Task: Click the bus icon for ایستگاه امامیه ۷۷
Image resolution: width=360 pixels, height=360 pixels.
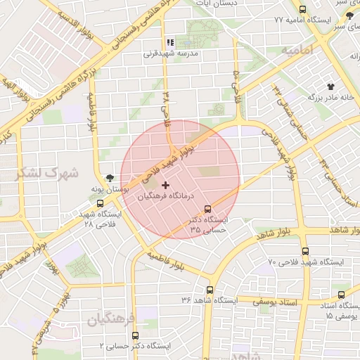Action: (302, 9)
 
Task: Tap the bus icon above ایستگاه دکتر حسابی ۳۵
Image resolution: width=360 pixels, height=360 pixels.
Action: (207, 209)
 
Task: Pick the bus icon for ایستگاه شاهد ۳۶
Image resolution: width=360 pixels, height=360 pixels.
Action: (210, 290)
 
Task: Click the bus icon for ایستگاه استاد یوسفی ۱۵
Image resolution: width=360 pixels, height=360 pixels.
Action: (341, 295)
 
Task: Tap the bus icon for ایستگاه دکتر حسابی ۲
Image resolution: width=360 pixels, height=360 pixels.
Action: (136, 336)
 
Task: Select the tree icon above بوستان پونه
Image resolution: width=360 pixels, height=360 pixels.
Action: (109, 179)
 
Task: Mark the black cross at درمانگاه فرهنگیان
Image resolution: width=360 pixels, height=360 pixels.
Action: (165, 185)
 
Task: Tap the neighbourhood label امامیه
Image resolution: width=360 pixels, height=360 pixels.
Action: (297, 51)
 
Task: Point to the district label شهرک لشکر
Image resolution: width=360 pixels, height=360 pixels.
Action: (56, 172)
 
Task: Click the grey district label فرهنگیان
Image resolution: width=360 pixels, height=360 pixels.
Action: (112, 320)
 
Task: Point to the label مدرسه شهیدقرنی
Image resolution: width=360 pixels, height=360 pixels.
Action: (172, 53)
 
